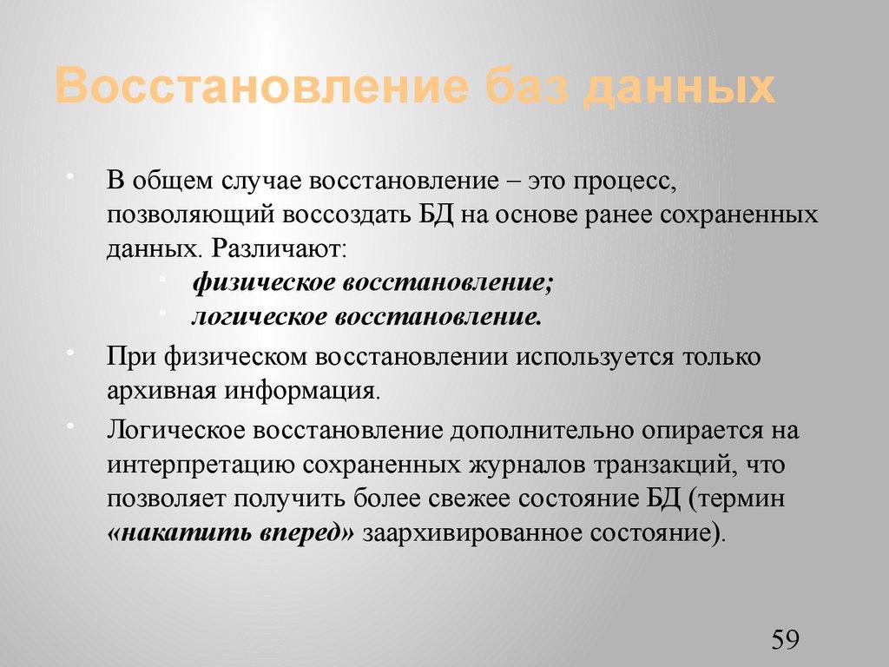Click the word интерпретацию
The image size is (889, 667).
click(201, 465)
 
